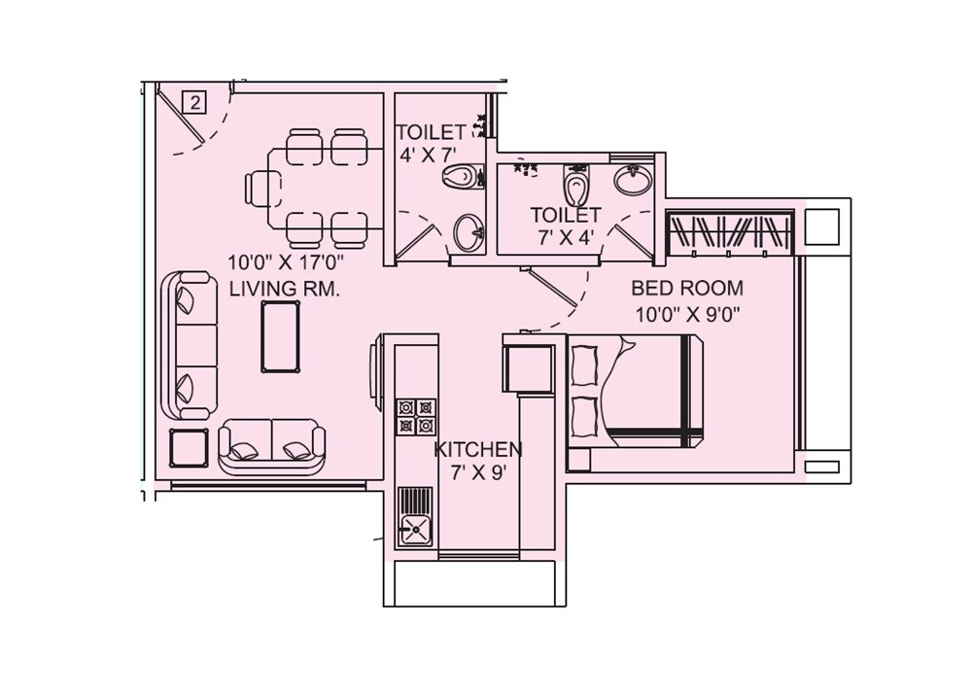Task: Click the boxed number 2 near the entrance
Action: pos(194,102)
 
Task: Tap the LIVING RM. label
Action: pos(284,289)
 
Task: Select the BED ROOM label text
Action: pos(686,288)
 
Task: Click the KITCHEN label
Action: pos(477,450)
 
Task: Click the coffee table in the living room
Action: pos(280,336)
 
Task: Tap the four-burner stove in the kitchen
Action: pos(415,415)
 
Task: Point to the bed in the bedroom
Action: pos(637,392)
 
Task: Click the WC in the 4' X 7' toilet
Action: pos(461,176)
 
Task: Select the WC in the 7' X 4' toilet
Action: pos(576,181)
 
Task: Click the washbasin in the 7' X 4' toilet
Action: pos(634,179)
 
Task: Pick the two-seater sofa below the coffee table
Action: pos(271,446)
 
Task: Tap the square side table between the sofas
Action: pos(189,448)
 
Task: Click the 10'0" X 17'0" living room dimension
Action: pos(286,261)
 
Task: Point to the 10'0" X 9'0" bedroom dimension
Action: pos(686,314)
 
